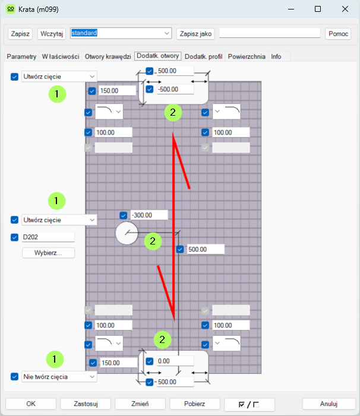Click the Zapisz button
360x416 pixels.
pyautogui.click(x=20, y=34)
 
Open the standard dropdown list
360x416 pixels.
pyautogui.click(x=121, y=33)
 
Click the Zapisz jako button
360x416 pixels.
pyautogui.click(x=195, y=34)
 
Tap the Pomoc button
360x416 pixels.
pyautogui.click(x=338, y=34)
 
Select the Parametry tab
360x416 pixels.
pyautogui.click(x=21, y=56)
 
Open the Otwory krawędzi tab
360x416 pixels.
pyautogui.click(x=108, y=56)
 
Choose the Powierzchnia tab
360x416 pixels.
pyautogui.click(x=247, y=56)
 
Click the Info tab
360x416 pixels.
pyautogui.click(x=276, y=56)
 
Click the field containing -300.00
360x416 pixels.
pyautogui.click(x=149, y=215)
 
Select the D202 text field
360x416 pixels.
pyautogui.click(x=48, y=237)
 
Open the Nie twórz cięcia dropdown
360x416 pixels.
pyautogui.click(x=59, y=377)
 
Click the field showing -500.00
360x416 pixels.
pyautogui.click(x=175, y=89)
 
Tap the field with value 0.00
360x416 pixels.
pyautogui.click(x=175, y=361)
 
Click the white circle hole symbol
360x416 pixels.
pyautogui.click(x=127, y=233)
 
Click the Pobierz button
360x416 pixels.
pyautogui.click(x=195, y=404)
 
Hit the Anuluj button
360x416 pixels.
pyautogui.click(x=329, y=404)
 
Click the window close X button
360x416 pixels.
pyautogui.click(x=345, y=9)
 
